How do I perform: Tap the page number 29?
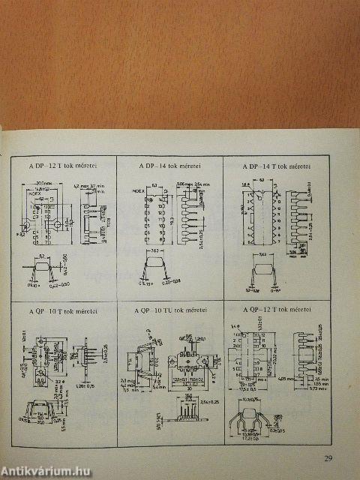(x=327, y=460)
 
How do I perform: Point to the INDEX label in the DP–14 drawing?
(x=136, y=190)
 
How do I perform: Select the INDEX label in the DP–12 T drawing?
(x=34, y=193)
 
